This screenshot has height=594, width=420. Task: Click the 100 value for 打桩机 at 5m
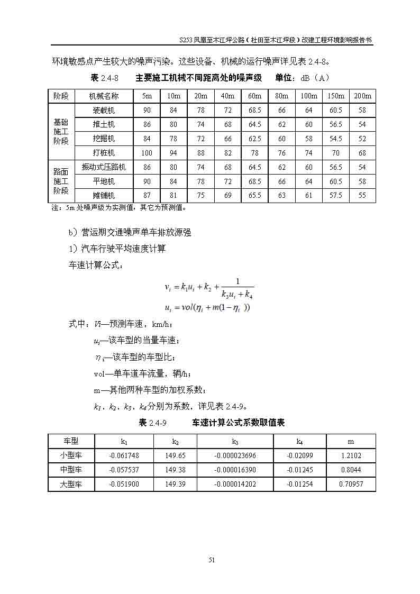point(147,153)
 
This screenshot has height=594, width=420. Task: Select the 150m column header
point(335,96)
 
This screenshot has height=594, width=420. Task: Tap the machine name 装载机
point(104,110)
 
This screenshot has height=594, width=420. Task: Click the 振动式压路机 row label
point(104,167)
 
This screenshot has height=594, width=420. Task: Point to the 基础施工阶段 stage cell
point(61,131)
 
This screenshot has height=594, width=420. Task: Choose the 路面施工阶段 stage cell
point(61,181)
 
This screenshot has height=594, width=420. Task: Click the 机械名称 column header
point(104,96)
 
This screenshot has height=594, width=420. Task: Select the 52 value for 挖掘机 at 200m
point(362,139)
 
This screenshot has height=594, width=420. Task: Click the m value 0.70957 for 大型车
point(351,484)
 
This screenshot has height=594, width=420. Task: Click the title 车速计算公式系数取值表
point(238,423)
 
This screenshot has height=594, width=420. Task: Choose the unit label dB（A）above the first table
point(315,78)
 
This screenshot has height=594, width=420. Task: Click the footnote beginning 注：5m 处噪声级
point(118,208)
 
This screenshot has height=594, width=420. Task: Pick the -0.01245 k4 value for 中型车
point(299,470)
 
